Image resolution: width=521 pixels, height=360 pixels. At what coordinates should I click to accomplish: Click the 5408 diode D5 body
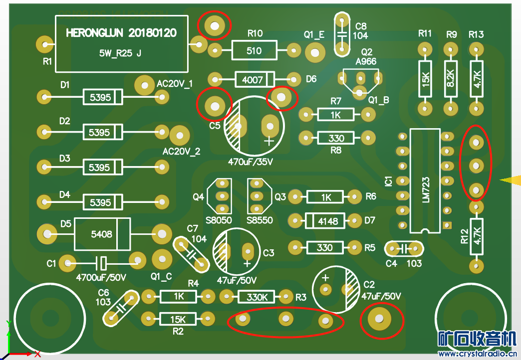[x=102, y=234]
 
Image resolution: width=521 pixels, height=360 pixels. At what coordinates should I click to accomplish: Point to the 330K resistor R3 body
[x=257, y=297]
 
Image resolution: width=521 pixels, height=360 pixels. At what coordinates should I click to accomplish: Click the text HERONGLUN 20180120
[x=121, y=33]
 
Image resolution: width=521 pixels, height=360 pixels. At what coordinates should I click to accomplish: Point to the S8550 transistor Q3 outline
[x=258, y=196]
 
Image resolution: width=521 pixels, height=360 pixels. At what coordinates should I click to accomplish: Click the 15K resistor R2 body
[x=178, y=319]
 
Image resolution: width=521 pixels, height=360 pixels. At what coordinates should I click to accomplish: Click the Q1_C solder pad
[x=161, y=257]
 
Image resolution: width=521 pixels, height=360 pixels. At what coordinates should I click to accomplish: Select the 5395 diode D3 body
[x=103, y=168]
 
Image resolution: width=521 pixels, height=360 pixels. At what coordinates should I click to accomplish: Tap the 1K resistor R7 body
[x=336, y=114]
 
